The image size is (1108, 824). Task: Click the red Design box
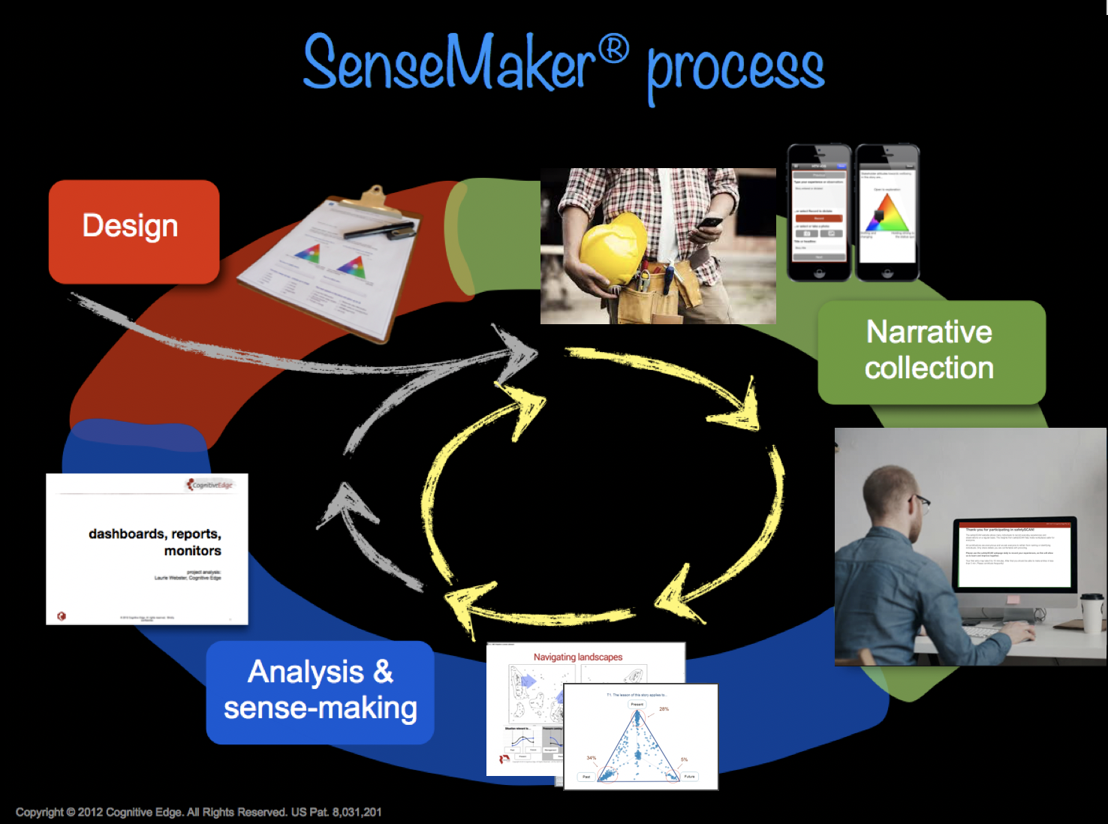[x=134, y=231]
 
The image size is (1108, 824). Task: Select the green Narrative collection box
[x=931, y=351]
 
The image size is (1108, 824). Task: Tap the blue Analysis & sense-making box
[x=321, y=691]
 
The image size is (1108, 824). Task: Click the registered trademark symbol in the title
[x=613, y=50]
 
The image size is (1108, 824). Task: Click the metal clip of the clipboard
[x=373, y=198]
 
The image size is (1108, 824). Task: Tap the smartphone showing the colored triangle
[x=887, y=212]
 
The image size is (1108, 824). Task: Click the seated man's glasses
[x=920, y=501]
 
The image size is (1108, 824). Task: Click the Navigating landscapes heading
[x=577, y=657]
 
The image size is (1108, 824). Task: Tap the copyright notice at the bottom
[x=198, y=812]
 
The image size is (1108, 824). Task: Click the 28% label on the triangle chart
[x=664, y=708]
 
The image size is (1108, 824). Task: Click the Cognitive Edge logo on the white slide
[x=210, y=485]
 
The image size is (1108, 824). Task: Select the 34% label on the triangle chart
[x=592, y=758]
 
